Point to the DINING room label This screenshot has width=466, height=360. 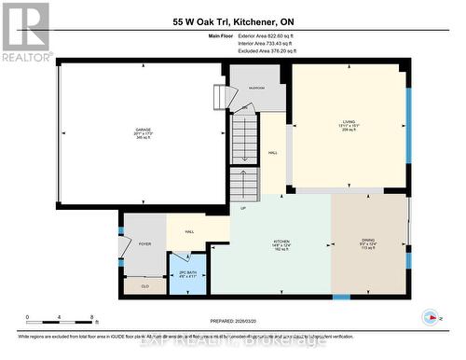pyautogui.click(x=368, y=240)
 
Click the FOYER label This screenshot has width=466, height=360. pyautogui.click(x=144, y=243)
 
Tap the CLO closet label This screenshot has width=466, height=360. pyautogui.click(x=144, y=284)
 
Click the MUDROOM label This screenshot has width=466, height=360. pyautogui.click(x=255, y=89)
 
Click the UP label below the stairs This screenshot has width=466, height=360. pyautogui.click(x=243, y=208)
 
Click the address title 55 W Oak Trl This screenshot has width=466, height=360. pyautogui.click(x=232, y=21)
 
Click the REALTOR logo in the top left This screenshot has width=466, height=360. pyautogui.click(x=25, y=32)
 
